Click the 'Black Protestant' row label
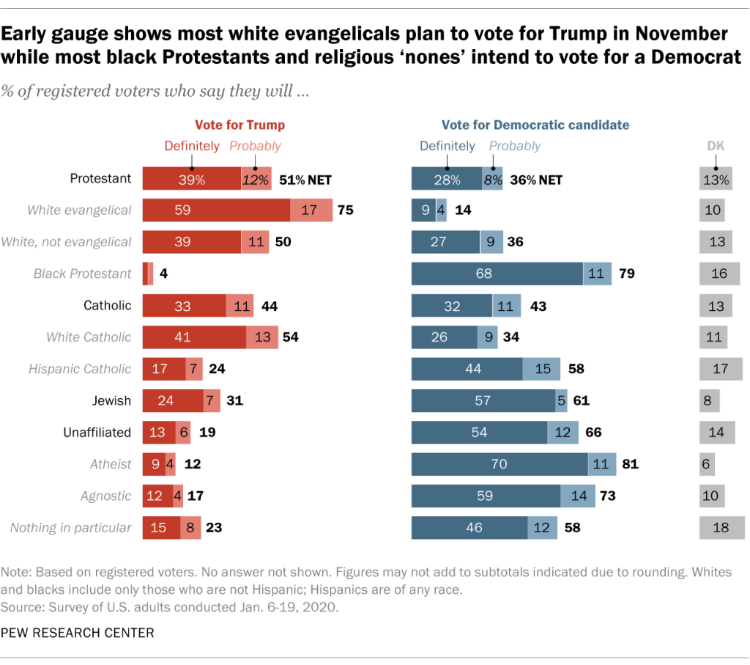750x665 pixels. point(83,273)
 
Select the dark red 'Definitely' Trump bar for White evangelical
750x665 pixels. point(216,210)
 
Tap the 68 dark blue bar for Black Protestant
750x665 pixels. point(497,273)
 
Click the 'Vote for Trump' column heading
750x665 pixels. point(240,125)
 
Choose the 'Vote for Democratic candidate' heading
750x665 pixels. point(535,125)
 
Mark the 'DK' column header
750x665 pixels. point(716,146)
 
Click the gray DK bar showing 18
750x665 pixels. point(721,527)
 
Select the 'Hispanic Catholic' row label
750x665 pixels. point(80,369)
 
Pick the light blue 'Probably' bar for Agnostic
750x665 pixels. point(578,496)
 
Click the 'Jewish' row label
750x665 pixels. point(111,400)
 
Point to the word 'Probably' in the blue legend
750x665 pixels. point(515,146)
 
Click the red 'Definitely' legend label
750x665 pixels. point(191,146)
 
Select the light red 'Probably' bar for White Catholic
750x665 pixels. point(262,337)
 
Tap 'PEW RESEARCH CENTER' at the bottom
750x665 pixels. point(79,633)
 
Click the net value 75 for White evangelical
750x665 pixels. point(345,210)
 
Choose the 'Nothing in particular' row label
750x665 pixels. point(71,527)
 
